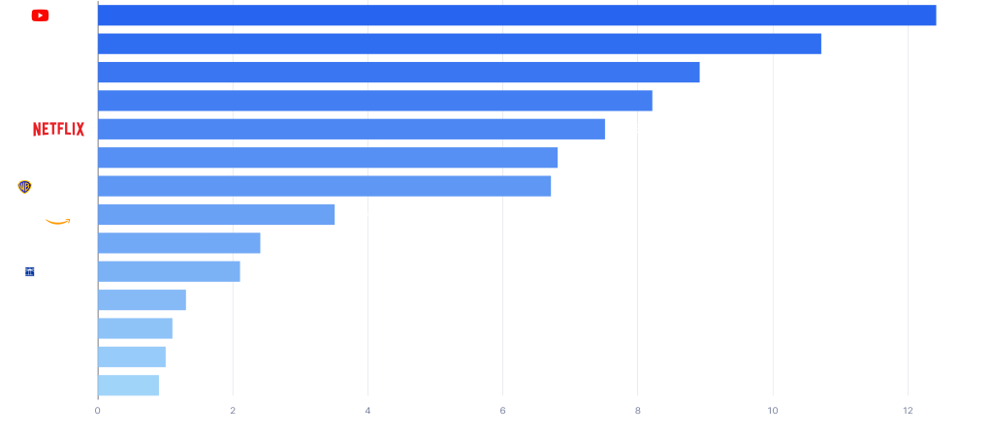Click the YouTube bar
point(517,15)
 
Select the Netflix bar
point(351,129)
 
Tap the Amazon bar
point(216,214)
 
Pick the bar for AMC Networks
point(128,386)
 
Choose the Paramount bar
point(399,73)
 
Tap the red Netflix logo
point(58,130)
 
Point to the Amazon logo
point(62,215)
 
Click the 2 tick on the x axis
point(233,411)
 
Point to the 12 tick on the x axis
point(908,411)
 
